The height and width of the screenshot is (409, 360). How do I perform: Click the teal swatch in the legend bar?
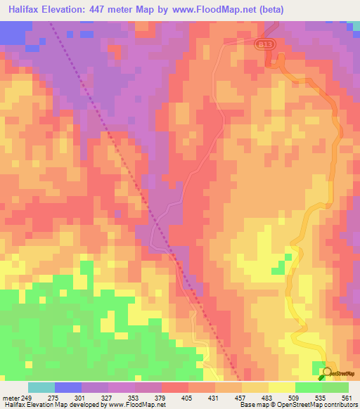click(41, 387)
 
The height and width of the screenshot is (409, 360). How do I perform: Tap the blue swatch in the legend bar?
click(68, 387)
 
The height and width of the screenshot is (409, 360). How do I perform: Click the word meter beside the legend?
click(11, 398)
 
